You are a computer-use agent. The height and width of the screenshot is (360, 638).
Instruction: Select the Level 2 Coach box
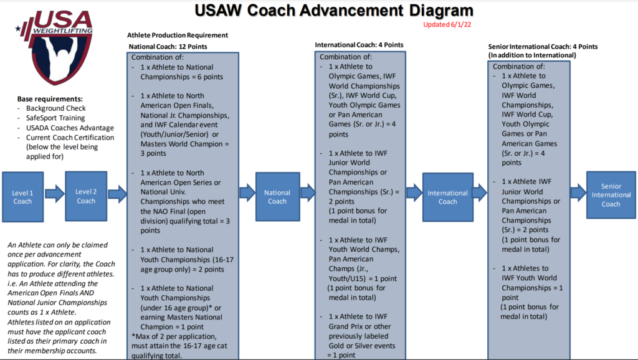pos(86,196)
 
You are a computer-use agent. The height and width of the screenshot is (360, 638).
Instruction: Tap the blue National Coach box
pos(277,196)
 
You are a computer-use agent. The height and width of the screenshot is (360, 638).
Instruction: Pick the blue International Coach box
pos(447,197)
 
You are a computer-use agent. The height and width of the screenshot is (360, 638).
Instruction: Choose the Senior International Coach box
pos(611,195)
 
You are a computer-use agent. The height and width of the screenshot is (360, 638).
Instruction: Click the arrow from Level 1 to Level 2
pos(55,194)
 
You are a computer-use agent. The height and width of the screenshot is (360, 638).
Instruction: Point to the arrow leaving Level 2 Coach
pos(117,194)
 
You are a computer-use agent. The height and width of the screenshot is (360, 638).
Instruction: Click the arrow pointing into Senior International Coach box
pos(576,193)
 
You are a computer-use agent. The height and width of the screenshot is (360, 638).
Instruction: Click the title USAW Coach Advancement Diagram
pos(333,10)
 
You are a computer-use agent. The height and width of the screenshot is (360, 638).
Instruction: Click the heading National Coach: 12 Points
pos(168,46)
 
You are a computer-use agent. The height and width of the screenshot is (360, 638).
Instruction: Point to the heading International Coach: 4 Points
pos(359,45)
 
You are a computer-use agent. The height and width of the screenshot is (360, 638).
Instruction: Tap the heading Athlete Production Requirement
pos(178,36)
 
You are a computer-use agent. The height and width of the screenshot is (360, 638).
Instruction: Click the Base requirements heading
pos(50,99)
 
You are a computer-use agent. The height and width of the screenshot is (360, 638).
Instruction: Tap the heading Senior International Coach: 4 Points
pos(542,47)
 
